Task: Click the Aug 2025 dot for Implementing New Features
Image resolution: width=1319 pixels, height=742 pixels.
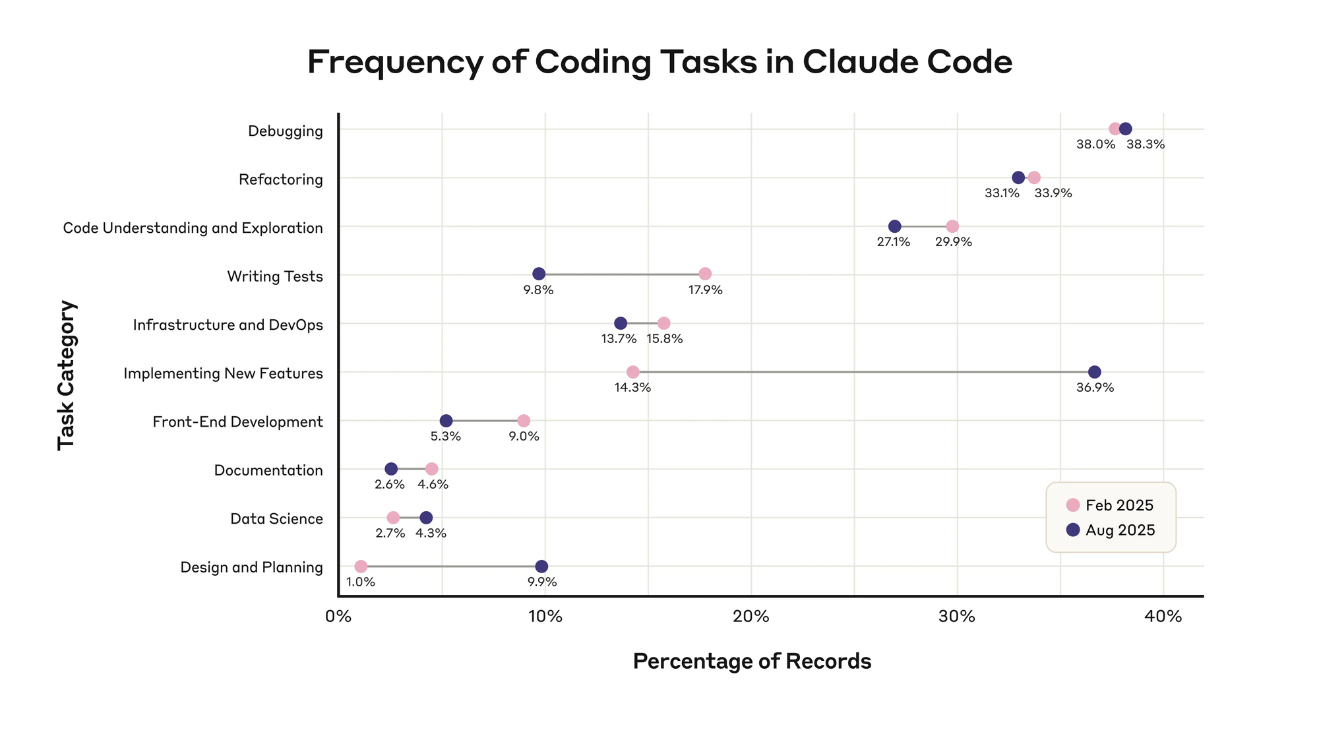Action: click(x=1094, y=372)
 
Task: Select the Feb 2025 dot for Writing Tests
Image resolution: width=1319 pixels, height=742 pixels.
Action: click(x=705, y=274)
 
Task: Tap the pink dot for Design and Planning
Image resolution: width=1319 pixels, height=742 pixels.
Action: click(x=361, y=567)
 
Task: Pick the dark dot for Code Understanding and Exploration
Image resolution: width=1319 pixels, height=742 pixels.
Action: click(x=894, y=226)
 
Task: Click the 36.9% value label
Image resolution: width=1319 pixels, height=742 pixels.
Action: click(x=1095, y=388)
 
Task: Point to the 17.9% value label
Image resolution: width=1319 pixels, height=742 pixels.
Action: click(x=706, y=290)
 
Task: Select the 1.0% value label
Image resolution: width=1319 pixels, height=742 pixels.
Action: click(x=361, y=582)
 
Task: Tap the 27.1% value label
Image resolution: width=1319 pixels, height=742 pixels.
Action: click(x=893, y=242)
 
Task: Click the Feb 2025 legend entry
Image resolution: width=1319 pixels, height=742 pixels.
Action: click(x=1110, y=505)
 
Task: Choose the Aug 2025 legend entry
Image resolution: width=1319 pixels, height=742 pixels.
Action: click(x=1111, y=530)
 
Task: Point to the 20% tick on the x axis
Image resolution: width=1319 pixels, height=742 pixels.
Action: click(x=751, y=617)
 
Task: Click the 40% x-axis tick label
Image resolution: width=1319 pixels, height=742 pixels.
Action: click(x=1163, y=617)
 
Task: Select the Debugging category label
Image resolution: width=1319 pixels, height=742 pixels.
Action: click(x=286, y=131)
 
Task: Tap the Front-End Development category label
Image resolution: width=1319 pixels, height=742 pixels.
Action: click(x=238, y=422)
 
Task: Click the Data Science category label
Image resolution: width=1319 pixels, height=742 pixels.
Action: click(x=276, y=519)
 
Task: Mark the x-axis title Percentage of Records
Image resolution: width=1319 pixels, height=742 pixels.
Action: click(x=752, y=662)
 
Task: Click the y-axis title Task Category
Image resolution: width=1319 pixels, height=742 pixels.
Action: click(x=67, y=375)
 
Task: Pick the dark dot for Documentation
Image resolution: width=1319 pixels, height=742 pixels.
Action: click(x=391, y=469)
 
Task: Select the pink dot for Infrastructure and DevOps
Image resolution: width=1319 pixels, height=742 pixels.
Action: click(x=663, y=323)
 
